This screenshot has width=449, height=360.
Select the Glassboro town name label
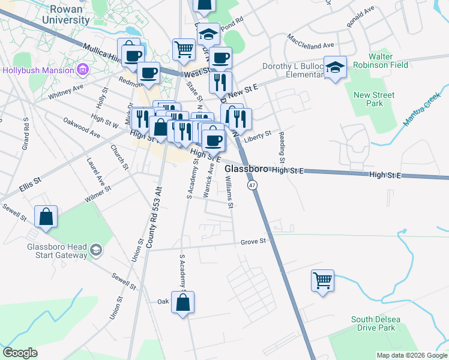246,170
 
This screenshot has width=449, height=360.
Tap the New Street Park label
374,99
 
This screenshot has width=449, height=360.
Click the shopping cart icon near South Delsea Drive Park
323,280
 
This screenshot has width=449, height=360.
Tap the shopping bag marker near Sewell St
46,217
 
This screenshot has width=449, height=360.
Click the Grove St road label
253,241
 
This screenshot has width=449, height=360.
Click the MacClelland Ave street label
310,45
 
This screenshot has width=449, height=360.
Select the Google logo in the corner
20,353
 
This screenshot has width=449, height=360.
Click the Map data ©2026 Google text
412,355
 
